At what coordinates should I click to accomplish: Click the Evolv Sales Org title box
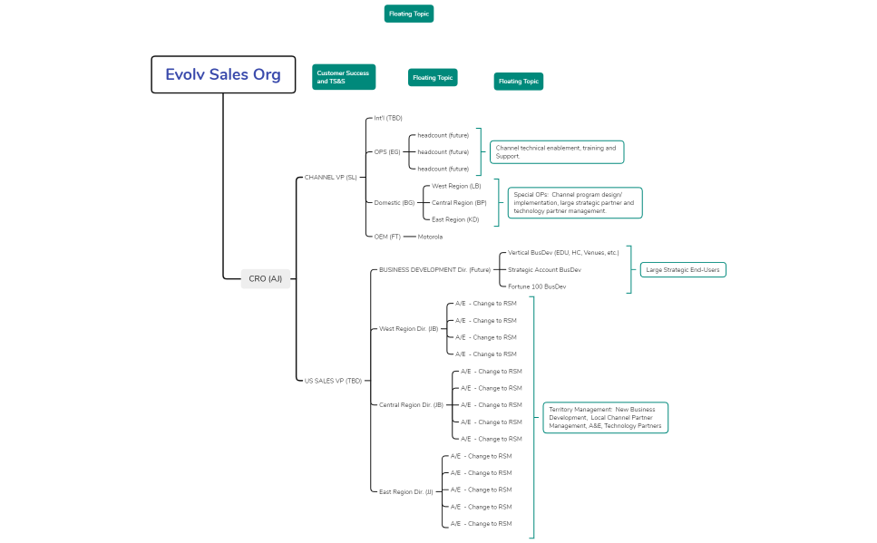point(223,74)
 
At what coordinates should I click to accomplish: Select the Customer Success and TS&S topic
point(344,77)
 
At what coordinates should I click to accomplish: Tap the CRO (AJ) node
point(266,278)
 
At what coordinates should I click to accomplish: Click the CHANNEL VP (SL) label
point(330,177)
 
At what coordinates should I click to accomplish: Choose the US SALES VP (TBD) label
point(333,381)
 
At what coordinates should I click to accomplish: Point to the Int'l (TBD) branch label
point(388,118)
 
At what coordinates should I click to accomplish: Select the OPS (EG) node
point(387,151)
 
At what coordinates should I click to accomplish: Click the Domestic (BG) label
point(395,202)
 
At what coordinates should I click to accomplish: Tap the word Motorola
point(430,237)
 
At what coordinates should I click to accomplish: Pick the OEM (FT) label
point(387,237)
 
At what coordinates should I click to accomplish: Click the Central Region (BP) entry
point(459,202)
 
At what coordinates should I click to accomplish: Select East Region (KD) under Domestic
point(455,219)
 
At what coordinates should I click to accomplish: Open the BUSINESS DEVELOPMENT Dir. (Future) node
point(434,269)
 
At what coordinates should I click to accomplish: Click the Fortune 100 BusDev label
point(537,286)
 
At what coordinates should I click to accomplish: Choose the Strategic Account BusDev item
point(544,269)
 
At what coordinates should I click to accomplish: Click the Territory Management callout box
point(605,417)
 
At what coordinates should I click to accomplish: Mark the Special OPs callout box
point(574,202)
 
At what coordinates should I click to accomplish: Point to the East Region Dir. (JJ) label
point(405,490)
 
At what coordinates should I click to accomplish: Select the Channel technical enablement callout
point(556,151)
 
